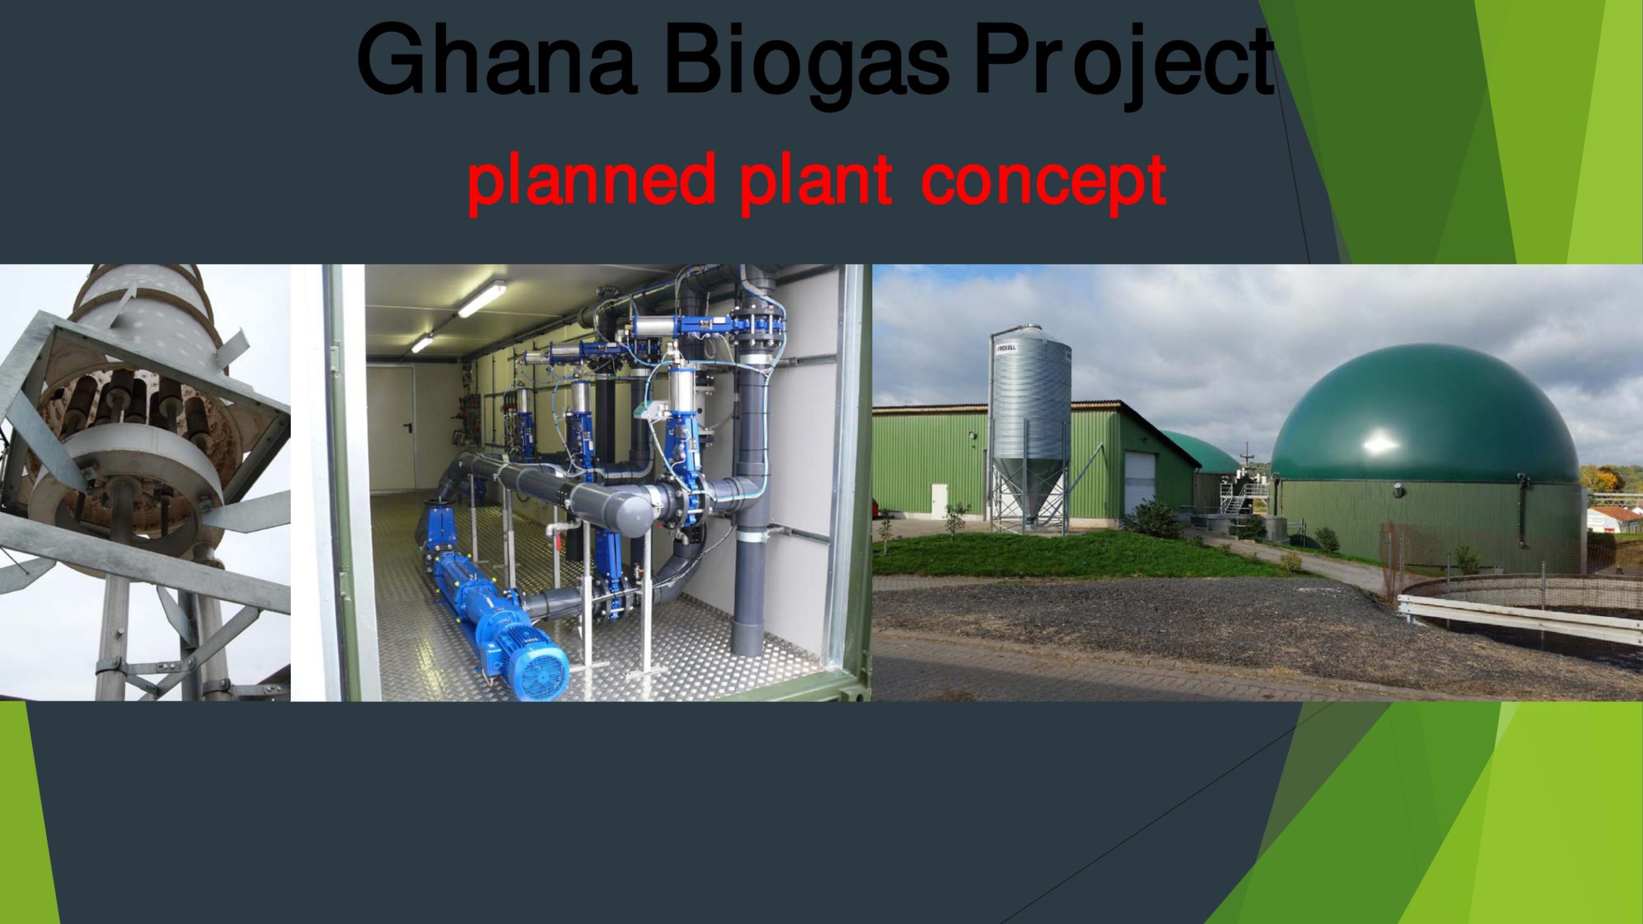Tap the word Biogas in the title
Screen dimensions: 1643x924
(x=805, y=65)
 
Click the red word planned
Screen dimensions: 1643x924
(x=591, y=183)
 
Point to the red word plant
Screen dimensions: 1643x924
(x=816, y=183)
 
